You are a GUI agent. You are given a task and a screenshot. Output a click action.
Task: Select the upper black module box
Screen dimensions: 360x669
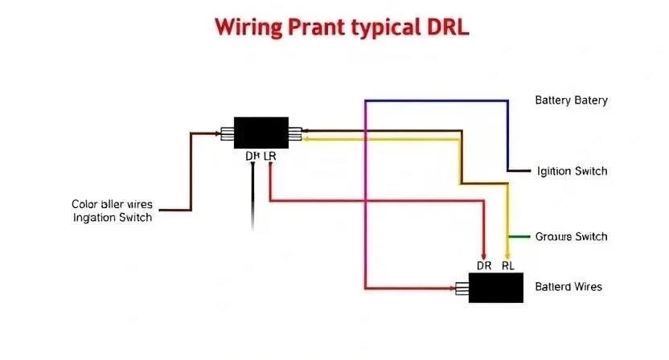tap(261, 133)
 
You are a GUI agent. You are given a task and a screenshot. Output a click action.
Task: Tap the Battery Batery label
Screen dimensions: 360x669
tap(571, 100)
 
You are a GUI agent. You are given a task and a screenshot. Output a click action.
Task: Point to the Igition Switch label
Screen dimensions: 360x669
tap(572, 171)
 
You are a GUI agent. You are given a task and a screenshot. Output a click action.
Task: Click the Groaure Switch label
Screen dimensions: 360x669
tap(571, 237)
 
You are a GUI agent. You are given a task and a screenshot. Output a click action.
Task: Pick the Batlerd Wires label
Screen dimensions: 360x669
tap(568, 287)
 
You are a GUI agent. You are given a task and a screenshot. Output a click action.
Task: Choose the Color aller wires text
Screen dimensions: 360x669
tap(112, 204)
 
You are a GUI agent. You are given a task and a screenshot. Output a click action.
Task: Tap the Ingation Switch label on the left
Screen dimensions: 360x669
tap(112, 218)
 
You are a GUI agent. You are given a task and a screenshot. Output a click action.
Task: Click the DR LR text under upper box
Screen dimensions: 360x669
tap(261, 157)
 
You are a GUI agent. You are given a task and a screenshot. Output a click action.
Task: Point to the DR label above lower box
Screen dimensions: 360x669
tap(484, 265)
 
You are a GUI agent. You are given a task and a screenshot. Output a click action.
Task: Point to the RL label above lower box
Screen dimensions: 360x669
tap(508, 265)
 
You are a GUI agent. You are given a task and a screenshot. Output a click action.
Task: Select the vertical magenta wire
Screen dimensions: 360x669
tap(365, 193)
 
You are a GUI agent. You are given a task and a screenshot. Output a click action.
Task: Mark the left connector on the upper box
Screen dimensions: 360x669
tap(228, 133)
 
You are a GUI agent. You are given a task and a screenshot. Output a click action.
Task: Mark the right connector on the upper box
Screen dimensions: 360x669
tap(295, 134)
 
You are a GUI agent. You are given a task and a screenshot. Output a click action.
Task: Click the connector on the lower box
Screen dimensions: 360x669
tap(462, 287)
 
